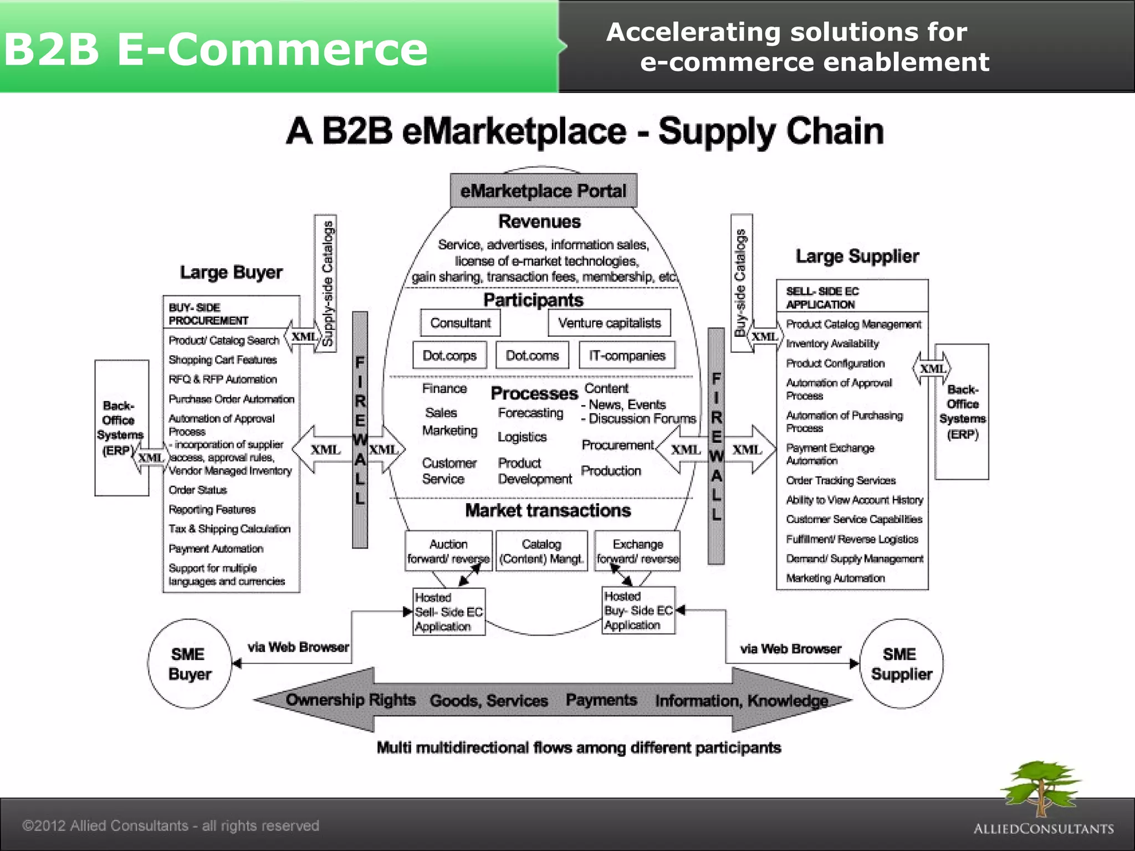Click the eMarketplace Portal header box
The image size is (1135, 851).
click(x=543, y=191)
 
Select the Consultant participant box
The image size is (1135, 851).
click(x=460, y=323)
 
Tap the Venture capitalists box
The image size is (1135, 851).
click(x=609, y=323)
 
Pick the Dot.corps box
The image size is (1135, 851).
click(x=449, y=355)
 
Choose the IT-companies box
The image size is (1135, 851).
click(x=627, y=355)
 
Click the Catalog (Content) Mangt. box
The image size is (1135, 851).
click(x=541, y=551)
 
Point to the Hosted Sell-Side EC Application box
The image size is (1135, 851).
click(x=449, y=612)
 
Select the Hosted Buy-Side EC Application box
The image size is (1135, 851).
click(x=638, y=611)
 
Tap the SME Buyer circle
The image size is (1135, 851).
click(x=190, y=664)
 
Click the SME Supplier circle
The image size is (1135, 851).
click(x=901, y=664)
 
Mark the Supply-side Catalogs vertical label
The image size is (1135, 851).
click(x=326, y=283)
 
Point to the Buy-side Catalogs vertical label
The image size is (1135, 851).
click(x=741, y=283)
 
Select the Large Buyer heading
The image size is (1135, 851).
click(x=231, y=273)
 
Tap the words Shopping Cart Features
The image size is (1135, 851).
click(x=223, y=360)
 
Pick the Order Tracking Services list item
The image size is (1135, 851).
click(x=841, y=481)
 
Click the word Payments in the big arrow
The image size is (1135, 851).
click(x=601, y=700)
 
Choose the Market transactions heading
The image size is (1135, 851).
click(x=548, y=510)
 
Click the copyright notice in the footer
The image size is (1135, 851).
click(x=171, y=826)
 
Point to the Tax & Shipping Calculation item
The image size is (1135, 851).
click(x=229, y=529)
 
